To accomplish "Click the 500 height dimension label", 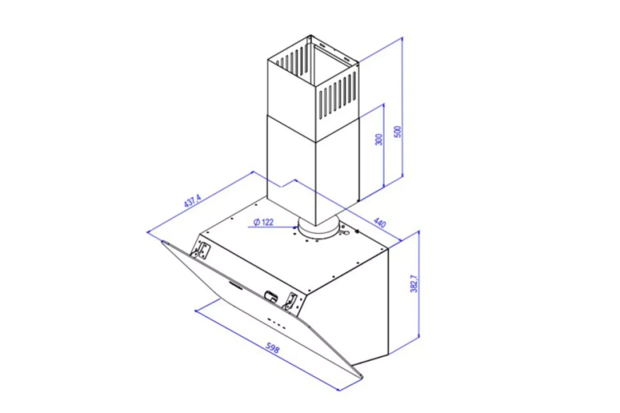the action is [x=397, y=132].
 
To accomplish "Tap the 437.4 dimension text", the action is [x=192, y=201].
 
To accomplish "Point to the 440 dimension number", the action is [x=380, y=223].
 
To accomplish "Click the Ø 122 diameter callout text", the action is [x=263, y=222].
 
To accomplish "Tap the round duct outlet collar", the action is [x=319, y=229].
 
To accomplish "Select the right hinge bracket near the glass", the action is [x=290, y=302].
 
